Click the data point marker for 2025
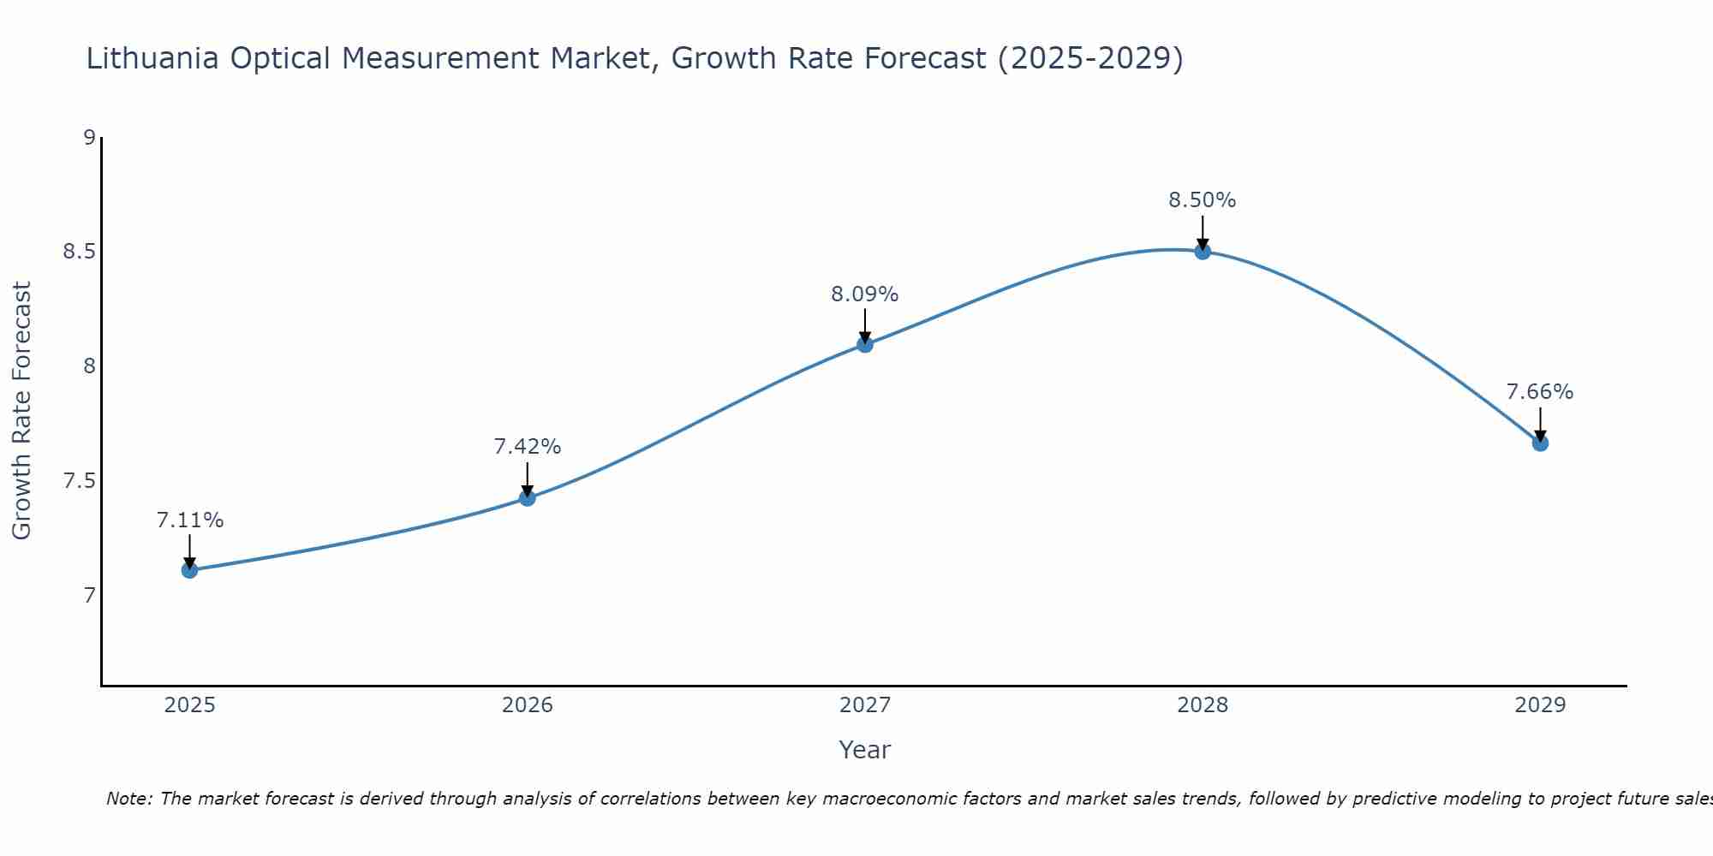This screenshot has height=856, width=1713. (189, 570)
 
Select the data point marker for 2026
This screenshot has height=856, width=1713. (527, 498)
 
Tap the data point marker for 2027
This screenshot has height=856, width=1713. (864, 344)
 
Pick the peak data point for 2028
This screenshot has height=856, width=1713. (1202, 251)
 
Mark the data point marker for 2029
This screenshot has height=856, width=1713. (1539, 443)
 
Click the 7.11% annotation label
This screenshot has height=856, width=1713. (189, 520)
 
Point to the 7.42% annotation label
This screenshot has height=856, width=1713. (527, 447)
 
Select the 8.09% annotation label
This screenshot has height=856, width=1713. (864, 294)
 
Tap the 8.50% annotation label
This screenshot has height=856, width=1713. (1202, 200)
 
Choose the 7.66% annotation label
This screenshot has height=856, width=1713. (1539, 392)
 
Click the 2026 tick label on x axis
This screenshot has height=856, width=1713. (527, 705)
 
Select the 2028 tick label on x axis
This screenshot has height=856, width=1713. (1202, 705)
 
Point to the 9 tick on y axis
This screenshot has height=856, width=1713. (89, 137)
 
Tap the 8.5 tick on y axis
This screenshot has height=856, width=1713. (79, 252)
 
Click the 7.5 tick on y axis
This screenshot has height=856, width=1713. (79, 481)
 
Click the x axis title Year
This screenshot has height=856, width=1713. (864, 750)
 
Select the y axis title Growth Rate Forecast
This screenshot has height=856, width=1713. (21, 411)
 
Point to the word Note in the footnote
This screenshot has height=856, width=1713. (128, 799)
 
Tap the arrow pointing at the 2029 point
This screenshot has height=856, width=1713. (1539, 425)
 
